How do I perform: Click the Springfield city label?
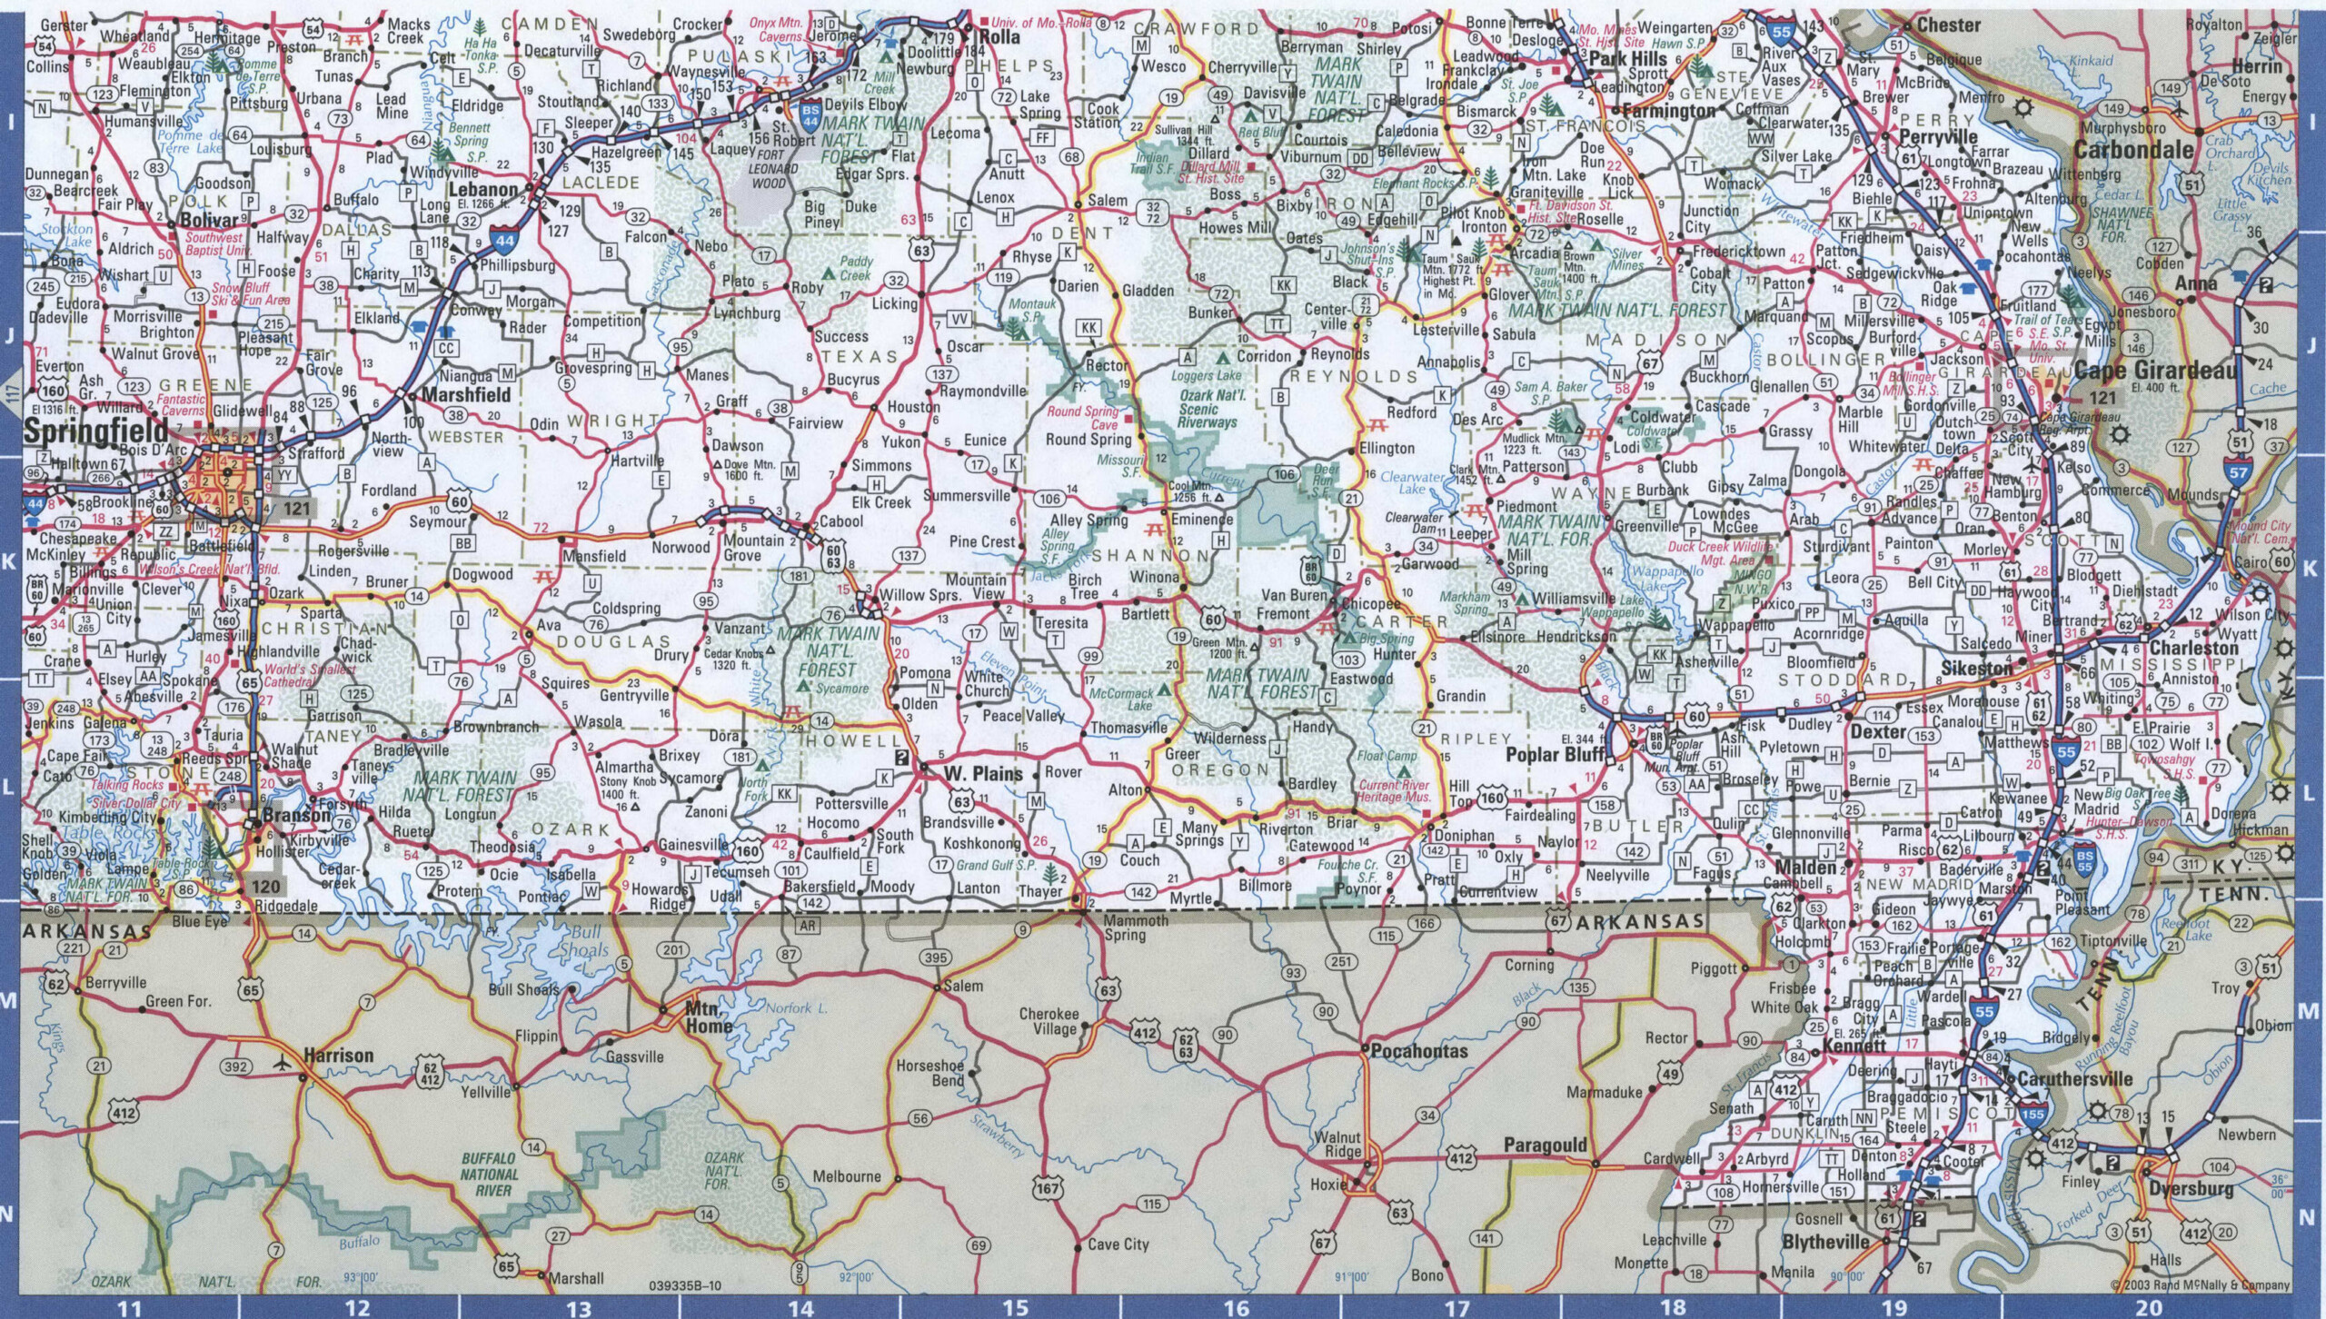click(x=96, y=431)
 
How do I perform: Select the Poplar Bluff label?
click(x=1555, y=755)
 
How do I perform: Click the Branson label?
click(x=297, y=815)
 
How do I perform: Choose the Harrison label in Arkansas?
click(x=338, y=1056)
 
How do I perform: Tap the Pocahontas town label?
click(x=1419, y=1051)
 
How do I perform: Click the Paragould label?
click(x=1545, y=1145)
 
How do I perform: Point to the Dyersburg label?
click(x=2189, y=1188)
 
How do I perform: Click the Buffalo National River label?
click(x=488, y=1174)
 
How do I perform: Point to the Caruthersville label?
click(x=2074, y=1079)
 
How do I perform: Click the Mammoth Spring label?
click(x=1136, y=927)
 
